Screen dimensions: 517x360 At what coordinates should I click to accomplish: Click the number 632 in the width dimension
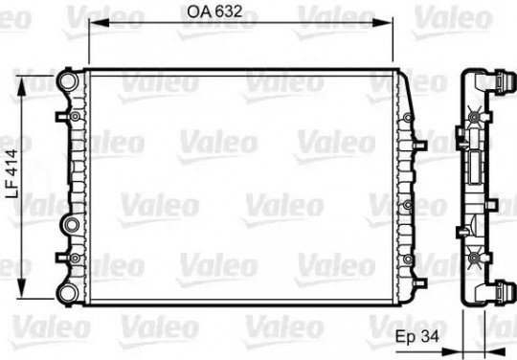[x=228, y=11]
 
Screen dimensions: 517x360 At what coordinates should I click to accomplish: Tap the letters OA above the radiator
[x=199, y=11]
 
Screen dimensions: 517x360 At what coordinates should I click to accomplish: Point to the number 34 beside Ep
[x=430, y=337]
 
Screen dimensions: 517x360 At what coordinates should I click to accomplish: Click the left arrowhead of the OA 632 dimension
[x=100, y=22]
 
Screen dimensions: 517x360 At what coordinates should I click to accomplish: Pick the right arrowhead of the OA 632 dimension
[x=382, y=22]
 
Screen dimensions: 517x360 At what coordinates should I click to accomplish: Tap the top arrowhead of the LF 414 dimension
[x=21, y=86]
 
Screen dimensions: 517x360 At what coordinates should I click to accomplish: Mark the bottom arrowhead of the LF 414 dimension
[x=21, y=288]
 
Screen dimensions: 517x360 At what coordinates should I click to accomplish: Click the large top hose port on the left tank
[x=68, y=80]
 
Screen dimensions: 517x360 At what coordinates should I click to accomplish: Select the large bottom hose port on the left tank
[x=68, y=294]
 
